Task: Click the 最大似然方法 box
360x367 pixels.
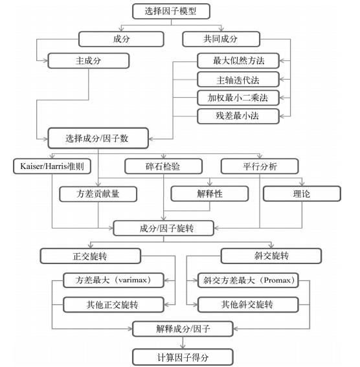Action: [238, 62]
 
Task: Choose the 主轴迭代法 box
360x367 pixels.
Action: [238, 80]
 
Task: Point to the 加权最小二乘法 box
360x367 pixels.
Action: [238, 98]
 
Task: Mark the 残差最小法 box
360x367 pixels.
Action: [238, 117]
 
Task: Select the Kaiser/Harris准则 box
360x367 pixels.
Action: [52, 166]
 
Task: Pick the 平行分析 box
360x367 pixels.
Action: [260, 166]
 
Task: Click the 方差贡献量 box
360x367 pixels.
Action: [98, 193]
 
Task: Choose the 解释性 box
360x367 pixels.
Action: [209, 193]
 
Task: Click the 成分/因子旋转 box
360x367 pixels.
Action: [163, 228]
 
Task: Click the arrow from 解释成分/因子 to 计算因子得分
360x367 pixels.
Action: [181, 342]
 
